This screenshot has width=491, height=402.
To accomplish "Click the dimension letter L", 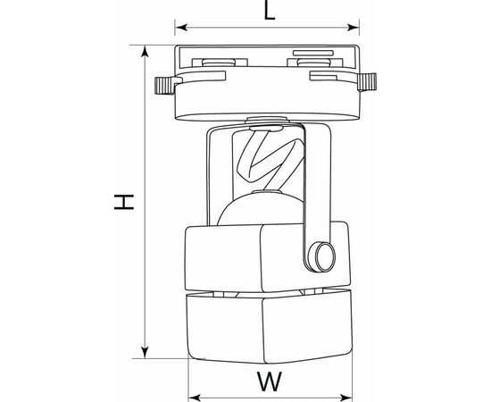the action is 270,12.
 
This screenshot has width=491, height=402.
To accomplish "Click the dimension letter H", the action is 124,202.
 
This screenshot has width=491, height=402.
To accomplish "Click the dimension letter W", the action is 270,381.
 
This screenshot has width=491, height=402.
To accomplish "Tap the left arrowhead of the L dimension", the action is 181,28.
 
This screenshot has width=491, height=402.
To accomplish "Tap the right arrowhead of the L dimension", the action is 354,28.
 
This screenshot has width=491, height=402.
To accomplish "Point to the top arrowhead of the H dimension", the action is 145,51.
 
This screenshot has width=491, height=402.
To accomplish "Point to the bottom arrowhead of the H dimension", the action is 145,352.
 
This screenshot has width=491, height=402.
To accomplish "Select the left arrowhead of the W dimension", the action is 195,398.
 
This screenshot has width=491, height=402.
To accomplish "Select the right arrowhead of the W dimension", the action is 346,398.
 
